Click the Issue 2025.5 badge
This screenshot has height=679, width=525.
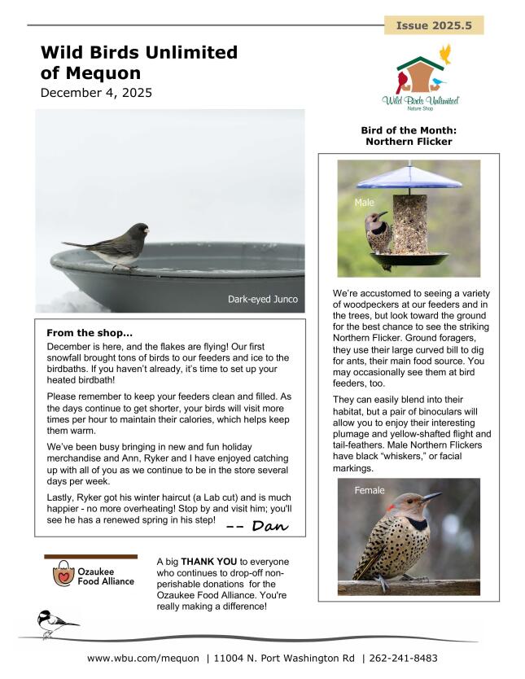coord(434,26)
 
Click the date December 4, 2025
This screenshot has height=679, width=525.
coord(96,93)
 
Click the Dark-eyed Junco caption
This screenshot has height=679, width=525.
coord(262,300)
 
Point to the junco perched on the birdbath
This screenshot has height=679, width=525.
coord(116,244)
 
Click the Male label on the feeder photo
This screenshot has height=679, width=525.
coord(364,200)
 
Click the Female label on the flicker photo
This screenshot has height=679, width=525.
coord(370,490)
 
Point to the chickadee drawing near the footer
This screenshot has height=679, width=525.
coord(55,624)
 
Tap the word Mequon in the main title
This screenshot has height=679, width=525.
coord(103,73)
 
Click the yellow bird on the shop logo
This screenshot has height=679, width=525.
coord(445,55)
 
